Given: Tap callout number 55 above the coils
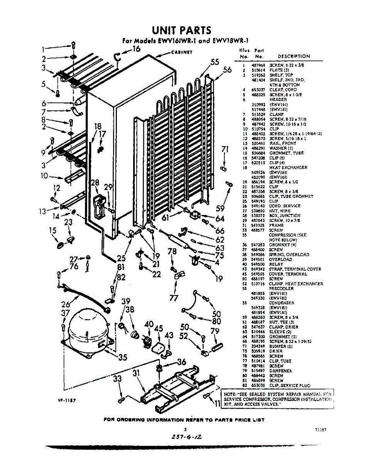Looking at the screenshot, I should pos(215,63).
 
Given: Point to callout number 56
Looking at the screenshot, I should pos(227,70).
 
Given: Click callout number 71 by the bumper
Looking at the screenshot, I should pos(226,150).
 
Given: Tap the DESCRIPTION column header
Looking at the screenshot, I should pos(294,56).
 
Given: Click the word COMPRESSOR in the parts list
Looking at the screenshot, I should pos(282,235).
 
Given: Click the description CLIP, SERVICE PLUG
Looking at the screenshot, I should pos(289,386).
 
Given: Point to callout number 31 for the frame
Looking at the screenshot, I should pos(135,374).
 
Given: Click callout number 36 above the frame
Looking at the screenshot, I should pos(181,362).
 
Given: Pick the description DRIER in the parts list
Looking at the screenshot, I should pos(276,351).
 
